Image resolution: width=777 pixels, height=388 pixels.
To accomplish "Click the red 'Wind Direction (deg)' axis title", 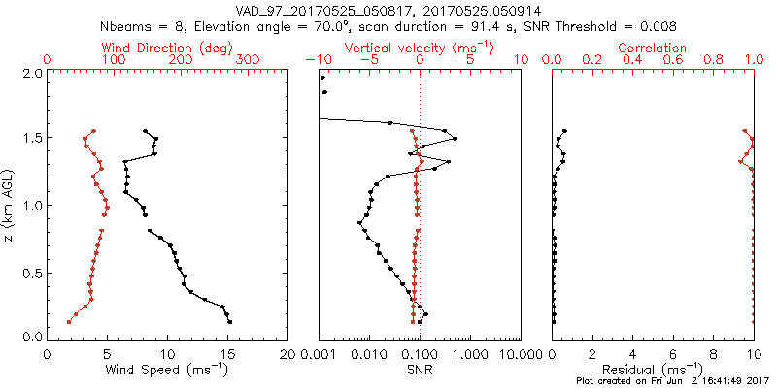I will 168,48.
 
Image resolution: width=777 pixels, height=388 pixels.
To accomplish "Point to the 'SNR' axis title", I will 420,370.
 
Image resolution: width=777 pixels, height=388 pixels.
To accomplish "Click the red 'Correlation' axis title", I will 652,48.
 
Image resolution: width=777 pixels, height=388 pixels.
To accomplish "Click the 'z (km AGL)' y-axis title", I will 9,205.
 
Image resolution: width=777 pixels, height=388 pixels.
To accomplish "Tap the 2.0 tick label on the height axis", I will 32,73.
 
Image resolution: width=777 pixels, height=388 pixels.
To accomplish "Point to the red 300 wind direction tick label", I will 249,60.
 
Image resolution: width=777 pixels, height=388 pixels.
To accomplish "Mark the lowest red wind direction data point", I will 69,321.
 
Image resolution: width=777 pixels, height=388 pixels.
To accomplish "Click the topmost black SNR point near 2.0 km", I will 321,78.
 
